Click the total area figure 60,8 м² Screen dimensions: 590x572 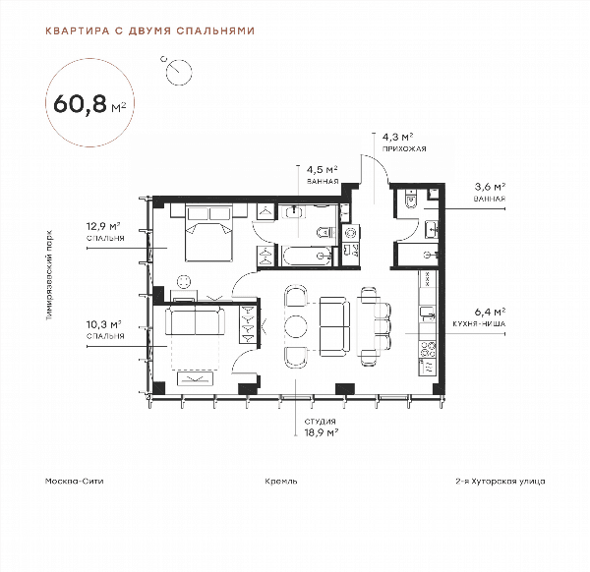click(x=89, y=103)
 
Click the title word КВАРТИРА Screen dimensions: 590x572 click(x=77, y=30)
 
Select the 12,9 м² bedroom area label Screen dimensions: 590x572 click(x=103, y=226)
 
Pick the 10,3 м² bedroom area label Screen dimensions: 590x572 click(x=103, y=324)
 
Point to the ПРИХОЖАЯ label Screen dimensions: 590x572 click(x=404, y=149)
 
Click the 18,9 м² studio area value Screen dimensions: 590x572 click(x=321, y=432)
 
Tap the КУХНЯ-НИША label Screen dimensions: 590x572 click(x=479, y=323)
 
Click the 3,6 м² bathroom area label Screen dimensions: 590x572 click(x=490, y=187)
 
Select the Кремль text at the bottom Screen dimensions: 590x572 click(x=280, y=481)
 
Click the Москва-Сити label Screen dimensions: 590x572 click(x=74, y=481)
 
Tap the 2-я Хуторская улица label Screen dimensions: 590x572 click(x=501, y=481)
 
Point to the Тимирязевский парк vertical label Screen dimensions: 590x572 click(x=49, y=275)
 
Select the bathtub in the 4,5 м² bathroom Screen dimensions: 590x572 click(x=307, y=256)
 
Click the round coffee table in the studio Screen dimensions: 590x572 click(x=296, y=325)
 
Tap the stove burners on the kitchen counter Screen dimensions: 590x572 click(x=428, y=349)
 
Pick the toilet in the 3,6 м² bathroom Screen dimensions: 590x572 click(x=411, y=199)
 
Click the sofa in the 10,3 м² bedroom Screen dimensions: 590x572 click(x=195, y=320)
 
